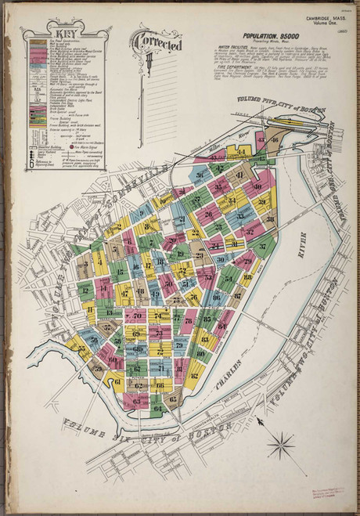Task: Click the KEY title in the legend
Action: click(52, 34)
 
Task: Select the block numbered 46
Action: click(274, 139)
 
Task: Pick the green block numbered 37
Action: click(264, 247)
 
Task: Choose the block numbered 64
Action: click(157, 408)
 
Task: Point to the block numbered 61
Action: click(117, 382)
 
